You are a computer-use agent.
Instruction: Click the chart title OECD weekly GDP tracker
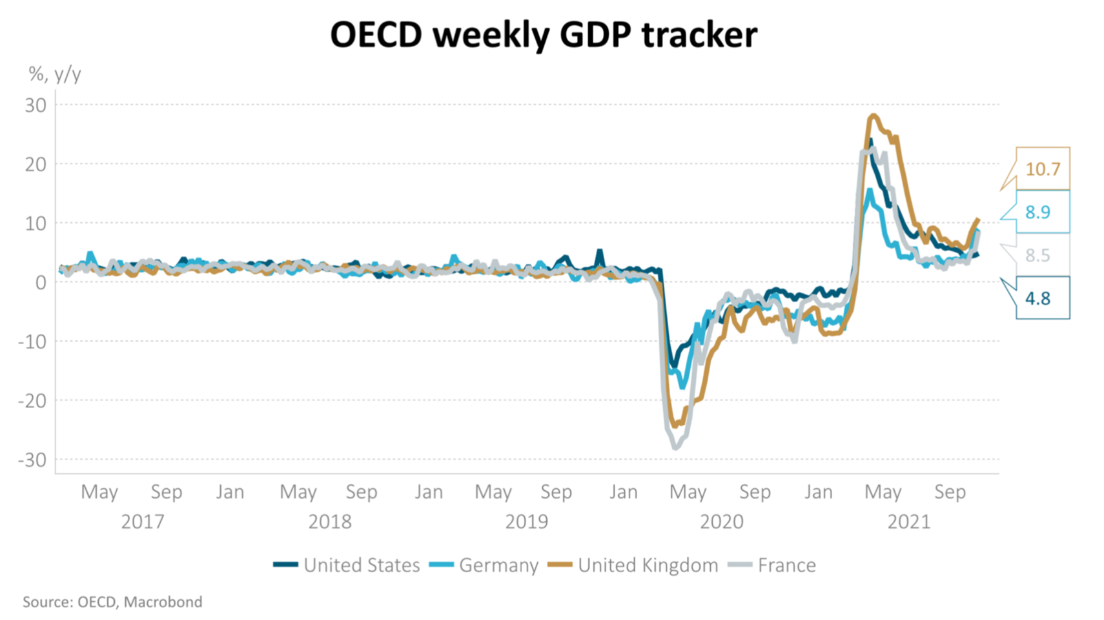[543, 35]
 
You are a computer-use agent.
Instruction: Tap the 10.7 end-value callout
[1042, 169]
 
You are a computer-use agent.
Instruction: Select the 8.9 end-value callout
[1038, 212]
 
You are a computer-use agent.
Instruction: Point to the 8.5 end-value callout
[1038, 255]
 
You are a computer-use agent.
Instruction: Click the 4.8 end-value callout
[1038, 298]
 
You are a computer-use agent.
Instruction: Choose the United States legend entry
[347, 565]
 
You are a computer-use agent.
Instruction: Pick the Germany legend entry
[484, 565]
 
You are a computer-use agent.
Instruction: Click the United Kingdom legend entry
[633, 565]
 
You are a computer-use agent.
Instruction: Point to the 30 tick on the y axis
[36, 105]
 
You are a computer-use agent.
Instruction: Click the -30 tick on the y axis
[32, 460]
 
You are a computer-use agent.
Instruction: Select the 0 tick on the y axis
[41, 282]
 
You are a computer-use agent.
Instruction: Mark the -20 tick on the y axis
[32, 400]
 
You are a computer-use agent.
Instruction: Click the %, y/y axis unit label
[55, 74]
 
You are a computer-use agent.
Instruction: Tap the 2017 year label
[143, 521]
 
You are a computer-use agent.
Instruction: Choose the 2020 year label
[722, 521]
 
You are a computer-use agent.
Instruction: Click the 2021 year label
[909, 521]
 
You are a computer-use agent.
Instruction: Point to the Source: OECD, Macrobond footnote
[112, 602]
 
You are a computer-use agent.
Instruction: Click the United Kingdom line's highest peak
[874, 116]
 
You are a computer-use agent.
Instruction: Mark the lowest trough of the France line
[676, 448]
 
